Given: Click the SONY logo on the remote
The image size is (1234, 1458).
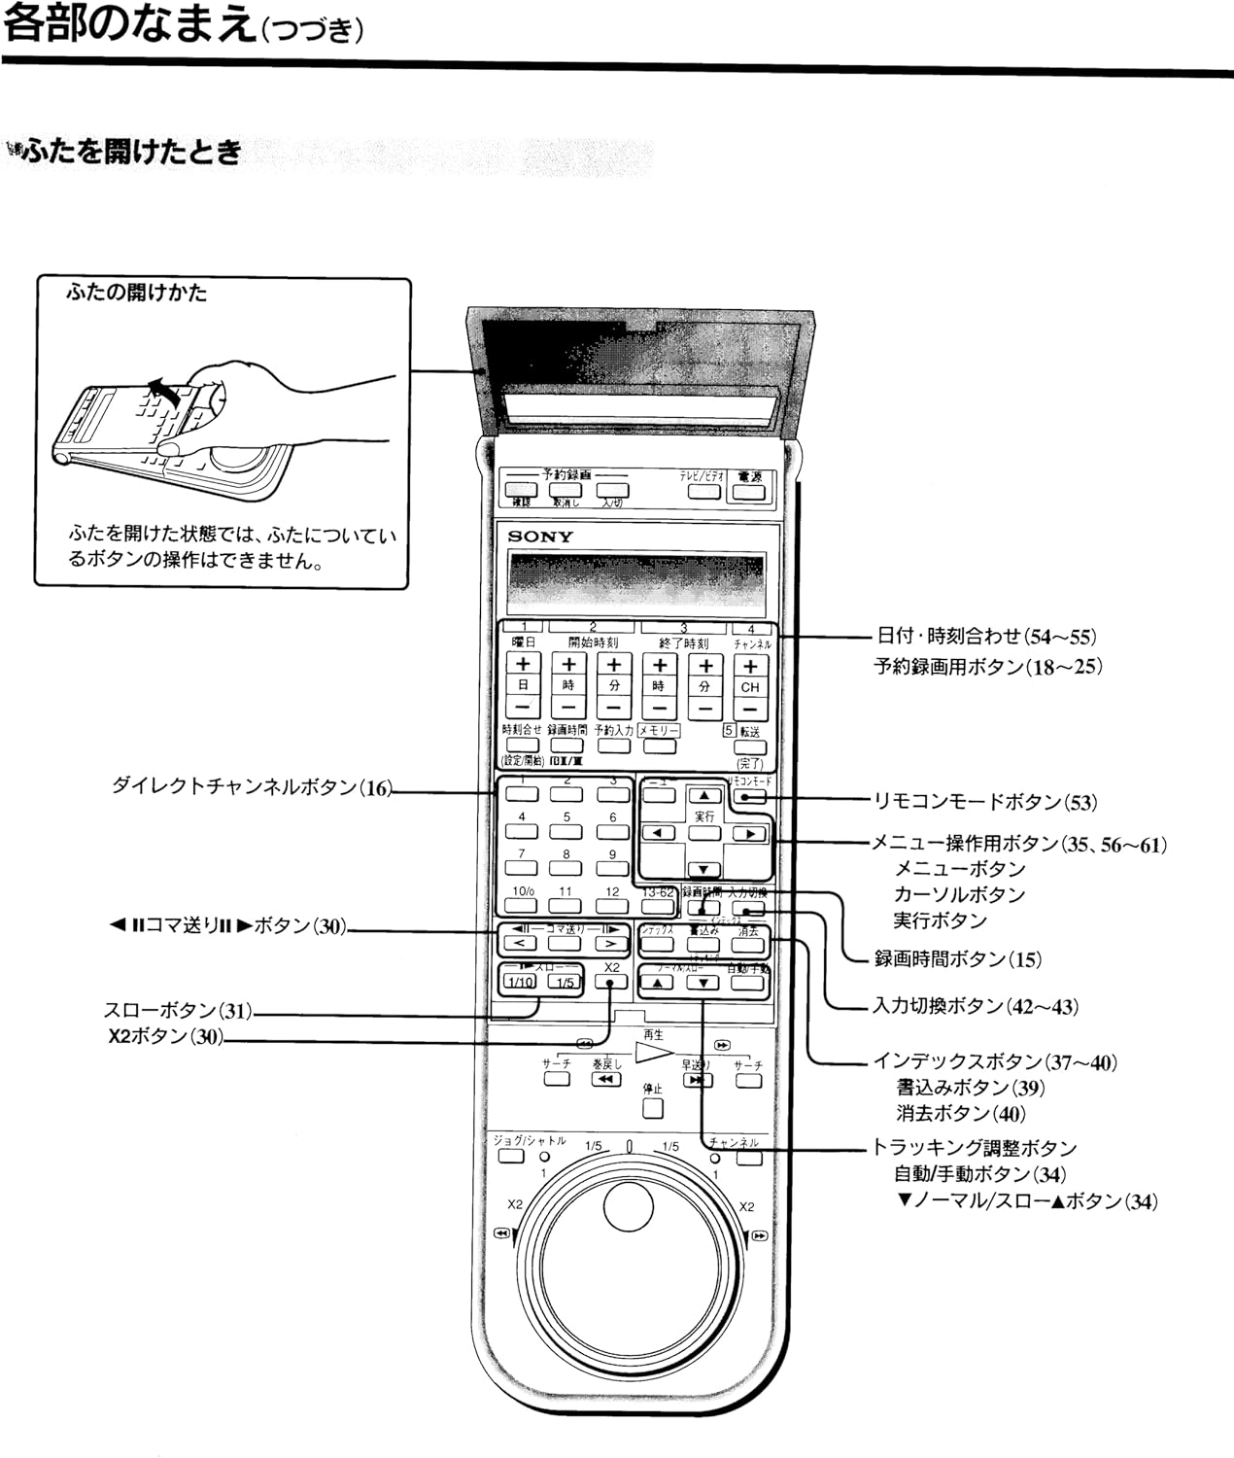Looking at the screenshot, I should (x=540, y=536).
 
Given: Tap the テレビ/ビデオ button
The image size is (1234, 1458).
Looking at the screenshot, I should (x=703, y=491).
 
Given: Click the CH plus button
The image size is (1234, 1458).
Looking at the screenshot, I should (x=749, y=666).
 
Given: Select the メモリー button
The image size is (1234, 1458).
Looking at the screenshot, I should (x=658, y=746).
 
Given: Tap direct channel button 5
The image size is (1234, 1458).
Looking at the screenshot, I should (x=566, y=832).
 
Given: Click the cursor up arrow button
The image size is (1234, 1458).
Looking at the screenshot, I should (x=703, y=796).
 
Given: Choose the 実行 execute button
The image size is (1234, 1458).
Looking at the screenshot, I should (x=703, y=833).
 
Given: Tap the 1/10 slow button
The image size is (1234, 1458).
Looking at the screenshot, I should (x=521, y=982).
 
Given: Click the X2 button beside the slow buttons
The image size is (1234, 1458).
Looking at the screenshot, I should (x=611, y=982).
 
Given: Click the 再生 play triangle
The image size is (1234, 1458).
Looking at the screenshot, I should (x=654, y=1052).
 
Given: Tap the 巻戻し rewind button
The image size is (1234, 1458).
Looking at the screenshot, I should (x=605, y=1080).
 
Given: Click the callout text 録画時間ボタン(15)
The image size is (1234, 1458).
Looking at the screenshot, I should (x=957, y=959).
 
